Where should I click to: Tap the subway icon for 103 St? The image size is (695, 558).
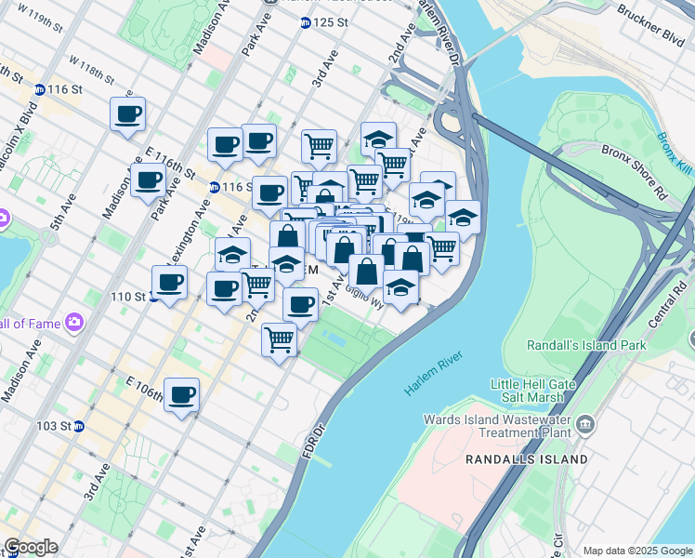tap(79, 427)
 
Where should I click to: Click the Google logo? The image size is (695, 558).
tap(30, 547)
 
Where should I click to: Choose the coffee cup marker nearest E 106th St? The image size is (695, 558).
tap(182, 395)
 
